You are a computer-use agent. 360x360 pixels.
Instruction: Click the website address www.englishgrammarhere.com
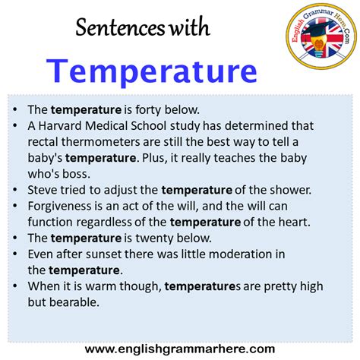(180, 349)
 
